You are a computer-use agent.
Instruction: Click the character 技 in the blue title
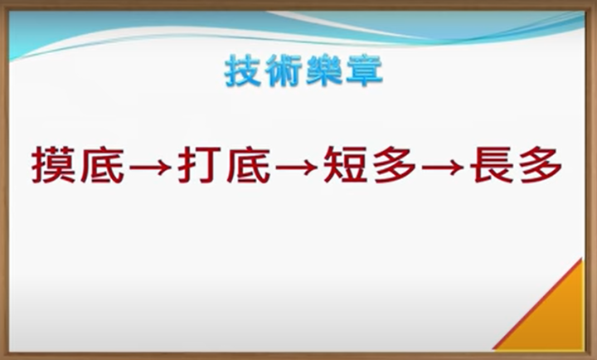[242, 71]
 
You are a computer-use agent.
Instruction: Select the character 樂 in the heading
[324, 71]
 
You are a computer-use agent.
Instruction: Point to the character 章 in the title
[364, 71]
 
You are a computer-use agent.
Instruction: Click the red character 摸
[54, 165]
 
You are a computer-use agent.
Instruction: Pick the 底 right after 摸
[103, 165]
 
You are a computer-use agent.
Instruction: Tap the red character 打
[201, 165]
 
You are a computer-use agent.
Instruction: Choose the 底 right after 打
[249, 165]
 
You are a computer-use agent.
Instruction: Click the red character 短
[346, 165]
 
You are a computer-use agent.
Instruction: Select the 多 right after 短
[395, 165]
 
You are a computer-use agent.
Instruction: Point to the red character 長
[492, 165]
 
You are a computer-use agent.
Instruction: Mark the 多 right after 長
[541, 165]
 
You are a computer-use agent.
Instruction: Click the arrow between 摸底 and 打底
[150, 167]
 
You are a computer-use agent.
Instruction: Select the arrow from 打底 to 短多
[296, 167]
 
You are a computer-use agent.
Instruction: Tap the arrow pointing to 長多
[443, 167]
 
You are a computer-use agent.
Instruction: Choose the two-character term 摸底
[79, 165]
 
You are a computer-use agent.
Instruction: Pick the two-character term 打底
[225, 165]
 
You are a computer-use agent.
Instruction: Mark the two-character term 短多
[370, 165]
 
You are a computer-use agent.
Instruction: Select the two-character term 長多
[517, 165]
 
